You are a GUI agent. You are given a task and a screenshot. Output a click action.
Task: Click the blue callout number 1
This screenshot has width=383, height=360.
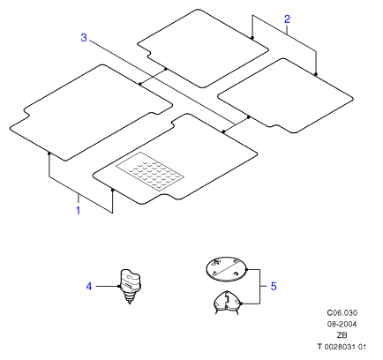[x=78, y=210]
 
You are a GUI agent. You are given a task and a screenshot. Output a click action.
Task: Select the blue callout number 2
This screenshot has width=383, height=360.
[x=287, y=19]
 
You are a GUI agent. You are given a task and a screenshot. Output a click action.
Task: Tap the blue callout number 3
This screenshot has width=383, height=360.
[x=84, y=38]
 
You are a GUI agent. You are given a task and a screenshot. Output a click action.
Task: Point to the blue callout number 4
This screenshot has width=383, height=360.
[x=89, y=286]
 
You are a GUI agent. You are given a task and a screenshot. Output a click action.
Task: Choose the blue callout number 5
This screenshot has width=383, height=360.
[x=274, y=286]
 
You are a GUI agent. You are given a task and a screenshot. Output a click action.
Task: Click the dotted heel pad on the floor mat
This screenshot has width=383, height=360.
[x=150, y=172]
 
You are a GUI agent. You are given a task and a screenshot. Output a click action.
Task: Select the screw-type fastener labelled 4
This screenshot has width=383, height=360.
[x=131, y=286]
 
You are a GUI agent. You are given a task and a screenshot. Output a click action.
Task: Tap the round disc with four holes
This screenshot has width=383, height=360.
[x=226, y=269]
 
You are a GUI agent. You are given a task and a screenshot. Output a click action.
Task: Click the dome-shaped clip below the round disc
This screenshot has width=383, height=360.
[x=227, y=303]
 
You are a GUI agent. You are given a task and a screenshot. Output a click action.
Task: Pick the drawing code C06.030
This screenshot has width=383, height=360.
[x=342, y=312]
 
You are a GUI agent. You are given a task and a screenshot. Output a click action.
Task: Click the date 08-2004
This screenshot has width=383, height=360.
[x=342, y=324]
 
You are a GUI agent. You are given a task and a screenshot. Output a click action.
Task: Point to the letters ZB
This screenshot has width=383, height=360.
[x=342, y=335]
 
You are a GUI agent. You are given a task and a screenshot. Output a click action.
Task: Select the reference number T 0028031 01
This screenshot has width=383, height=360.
[x=342, y=347]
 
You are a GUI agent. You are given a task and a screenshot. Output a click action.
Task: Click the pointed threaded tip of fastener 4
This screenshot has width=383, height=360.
[x=130, y=303]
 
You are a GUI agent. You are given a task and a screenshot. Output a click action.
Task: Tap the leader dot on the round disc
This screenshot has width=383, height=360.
[x=246, y=269]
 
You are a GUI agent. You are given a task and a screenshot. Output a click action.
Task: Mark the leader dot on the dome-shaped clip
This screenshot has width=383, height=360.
[x=241, y=304]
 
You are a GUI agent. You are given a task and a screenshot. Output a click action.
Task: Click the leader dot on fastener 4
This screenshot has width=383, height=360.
[x=119, y=286]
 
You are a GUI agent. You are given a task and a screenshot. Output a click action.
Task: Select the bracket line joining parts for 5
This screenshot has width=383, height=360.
[x=259, y=286]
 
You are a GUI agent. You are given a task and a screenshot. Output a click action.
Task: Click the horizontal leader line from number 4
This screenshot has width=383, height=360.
[x=107, y=286]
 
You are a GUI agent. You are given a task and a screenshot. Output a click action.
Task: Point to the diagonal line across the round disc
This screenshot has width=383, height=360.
[x=226, y=269]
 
